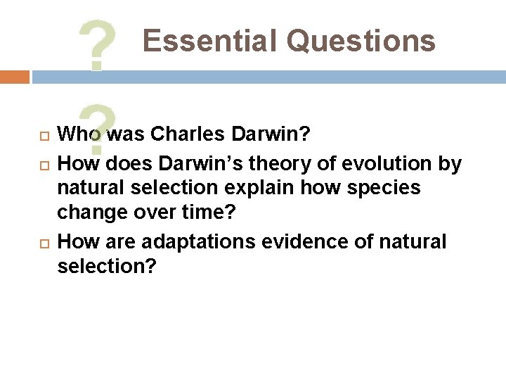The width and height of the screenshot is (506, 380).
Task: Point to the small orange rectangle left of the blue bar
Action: click(x=14, y=77)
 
